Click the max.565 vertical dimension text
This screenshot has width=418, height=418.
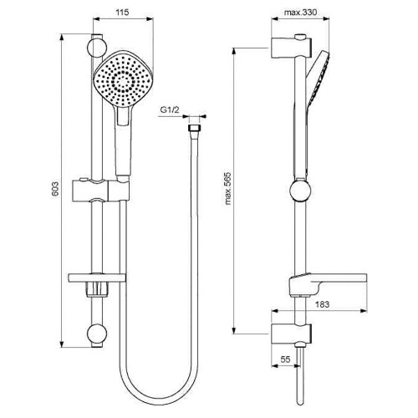point(240,172)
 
